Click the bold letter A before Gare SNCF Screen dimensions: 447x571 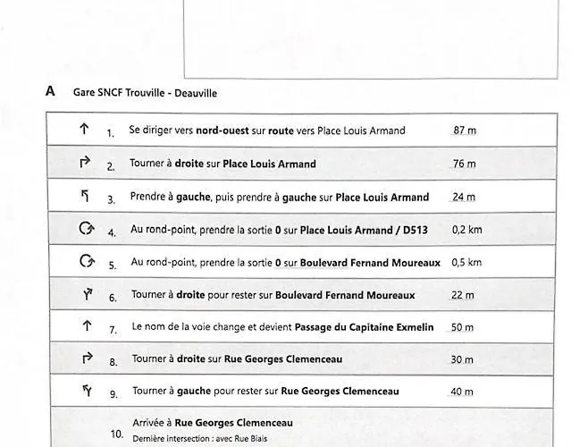[50, 91]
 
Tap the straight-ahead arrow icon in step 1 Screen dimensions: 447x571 [84, 129]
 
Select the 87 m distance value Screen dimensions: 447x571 [465, 131]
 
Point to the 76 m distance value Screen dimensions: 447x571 [465, 164]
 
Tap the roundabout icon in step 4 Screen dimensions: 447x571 [86, 228]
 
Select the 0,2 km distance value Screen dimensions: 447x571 [466, 230]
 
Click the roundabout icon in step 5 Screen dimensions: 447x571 [86, 261]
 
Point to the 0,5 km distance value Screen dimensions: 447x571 [466, 263]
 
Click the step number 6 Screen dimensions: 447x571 [113, 298]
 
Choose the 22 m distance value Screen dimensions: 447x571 [463, 295]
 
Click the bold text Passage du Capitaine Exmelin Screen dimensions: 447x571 [364, 327]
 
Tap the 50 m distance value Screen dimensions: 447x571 [462, 327]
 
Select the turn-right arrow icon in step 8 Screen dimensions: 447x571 [87, 358]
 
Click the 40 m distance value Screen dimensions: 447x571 [463, 392]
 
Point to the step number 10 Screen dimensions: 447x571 [116, 434]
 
